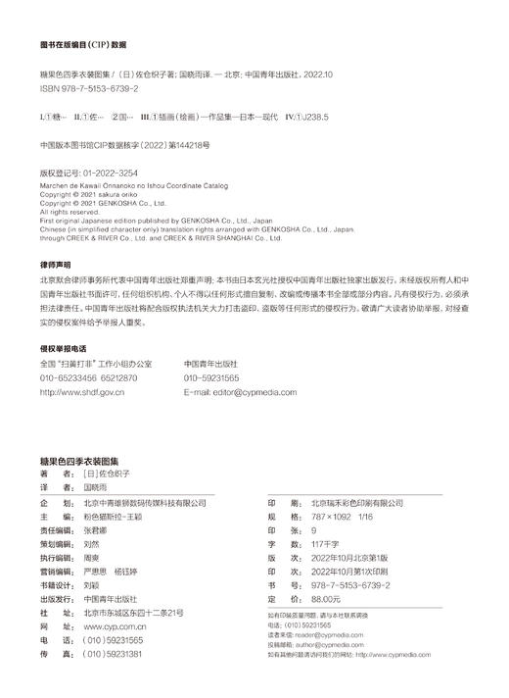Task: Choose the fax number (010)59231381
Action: click(113, 652)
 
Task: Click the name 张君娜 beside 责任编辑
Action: click(99, 528)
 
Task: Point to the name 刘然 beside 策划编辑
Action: click(93, 542)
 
